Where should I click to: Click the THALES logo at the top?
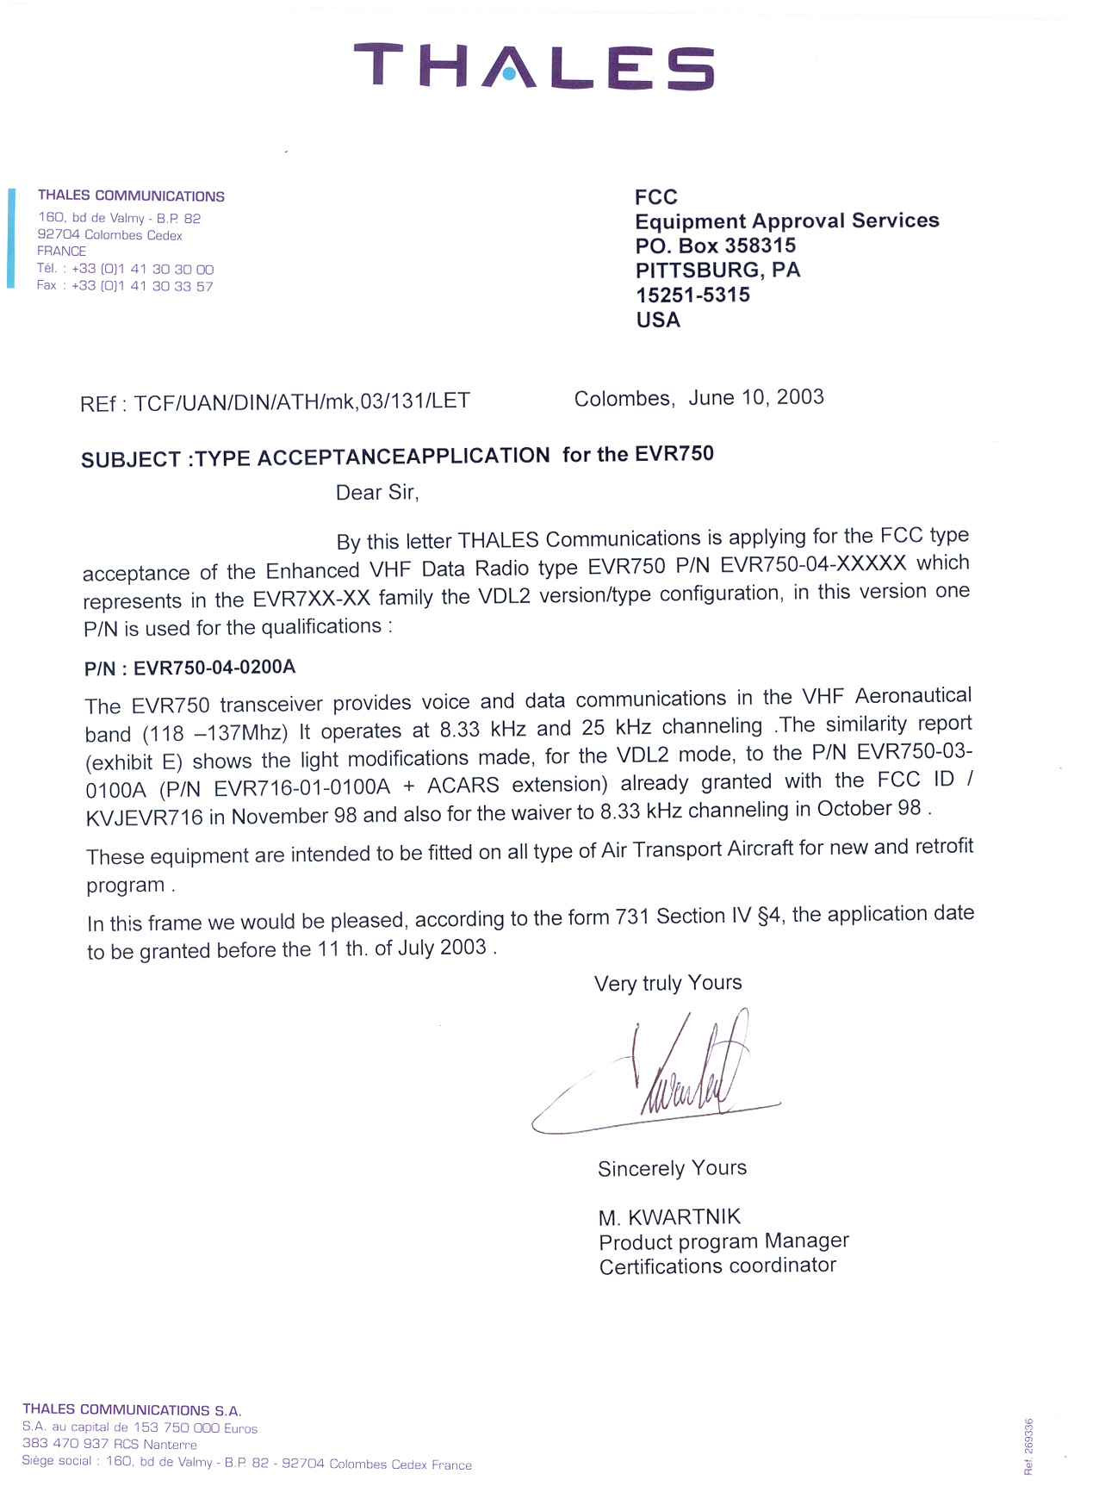[x=534, y=67]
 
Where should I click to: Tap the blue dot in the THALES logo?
[x=509, y=75]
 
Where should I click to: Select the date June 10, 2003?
[x=756, y=398]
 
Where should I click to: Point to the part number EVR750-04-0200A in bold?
[x=214, y=668]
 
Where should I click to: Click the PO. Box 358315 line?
[x=716, y=246]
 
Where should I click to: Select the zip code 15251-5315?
[x=692, y=295]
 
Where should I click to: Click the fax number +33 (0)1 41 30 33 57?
[x=142, y=286]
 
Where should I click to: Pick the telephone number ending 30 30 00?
[x=143, y=269]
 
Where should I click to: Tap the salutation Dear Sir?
[x=377, y=493]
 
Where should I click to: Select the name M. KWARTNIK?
[x=669, y=1217]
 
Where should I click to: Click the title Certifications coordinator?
[x=717, y=1266]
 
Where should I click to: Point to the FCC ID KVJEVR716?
[x=145, y=818]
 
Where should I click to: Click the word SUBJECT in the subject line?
[x=131, y=460]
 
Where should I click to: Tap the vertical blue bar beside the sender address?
[x=11, y=238]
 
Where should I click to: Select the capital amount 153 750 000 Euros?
[x=195, y=1427]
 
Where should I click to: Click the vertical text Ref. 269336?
[x=1028, y=1446]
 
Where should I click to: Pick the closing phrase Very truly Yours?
[x=667, y=983]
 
